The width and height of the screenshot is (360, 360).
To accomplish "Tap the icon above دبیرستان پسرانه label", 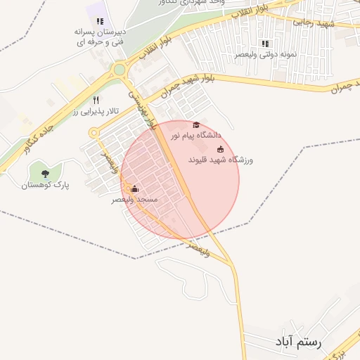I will [100, 21].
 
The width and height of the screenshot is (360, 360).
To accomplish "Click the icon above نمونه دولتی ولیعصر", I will [265, 43].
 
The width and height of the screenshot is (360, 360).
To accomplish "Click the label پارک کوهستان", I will [44, 185].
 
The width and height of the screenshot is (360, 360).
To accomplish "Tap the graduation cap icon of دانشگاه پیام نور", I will [195, 124].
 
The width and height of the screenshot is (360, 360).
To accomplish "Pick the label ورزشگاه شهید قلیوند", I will [220, 160].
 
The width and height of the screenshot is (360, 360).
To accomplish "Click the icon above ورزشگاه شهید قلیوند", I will [220, 149].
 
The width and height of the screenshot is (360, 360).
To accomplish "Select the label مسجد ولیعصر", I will [136, 200].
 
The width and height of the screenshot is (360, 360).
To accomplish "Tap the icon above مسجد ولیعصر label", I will [135, 188].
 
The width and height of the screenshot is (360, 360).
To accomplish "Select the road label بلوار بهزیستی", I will [140, 105].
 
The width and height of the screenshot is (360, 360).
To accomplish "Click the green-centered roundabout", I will [120, 69].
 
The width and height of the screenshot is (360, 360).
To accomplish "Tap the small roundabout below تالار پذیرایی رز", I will [94, 132].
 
